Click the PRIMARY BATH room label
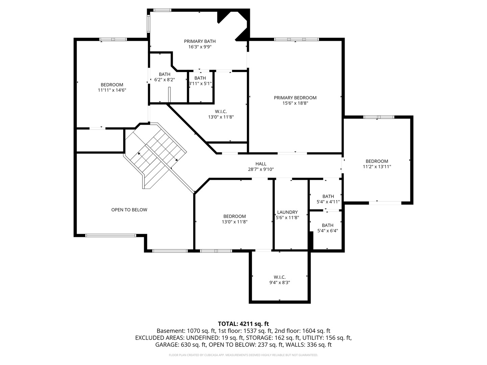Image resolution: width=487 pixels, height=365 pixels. point(200,41)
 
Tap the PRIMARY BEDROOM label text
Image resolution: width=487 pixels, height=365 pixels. point(295,98)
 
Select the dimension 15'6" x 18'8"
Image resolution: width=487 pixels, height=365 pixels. point(295,103)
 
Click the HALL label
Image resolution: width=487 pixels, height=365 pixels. point(261,164)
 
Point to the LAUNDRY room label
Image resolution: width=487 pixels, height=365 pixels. point(287,212)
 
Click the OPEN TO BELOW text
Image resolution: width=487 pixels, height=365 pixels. point(129,210)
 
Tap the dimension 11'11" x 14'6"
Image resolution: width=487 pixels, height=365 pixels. point(112,90)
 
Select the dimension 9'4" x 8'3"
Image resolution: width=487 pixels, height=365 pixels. point(280,283)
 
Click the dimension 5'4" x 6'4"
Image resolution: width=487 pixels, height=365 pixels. point(327,231)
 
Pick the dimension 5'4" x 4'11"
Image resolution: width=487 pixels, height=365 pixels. point(328,202)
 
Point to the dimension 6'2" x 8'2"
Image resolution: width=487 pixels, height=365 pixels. point(164,80)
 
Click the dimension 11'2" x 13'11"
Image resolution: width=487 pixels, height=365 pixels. point(377,167)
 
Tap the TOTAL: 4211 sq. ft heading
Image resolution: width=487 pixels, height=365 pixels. point(243,324)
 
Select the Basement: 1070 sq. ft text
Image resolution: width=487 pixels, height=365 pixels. point(186,331)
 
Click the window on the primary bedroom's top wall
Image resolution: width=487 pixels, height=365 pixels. point(296,40)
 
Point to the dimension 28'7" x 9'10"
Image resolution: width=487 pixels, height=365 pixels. point(261,169)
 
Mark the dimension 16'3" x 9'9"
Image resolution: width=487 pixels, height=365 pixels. point(200,47)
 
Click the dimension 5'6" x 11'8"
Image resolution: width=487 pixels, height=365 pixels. point(287,218)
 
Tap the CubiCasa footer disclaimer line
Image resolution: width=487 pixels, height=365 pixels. point(243,355)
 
